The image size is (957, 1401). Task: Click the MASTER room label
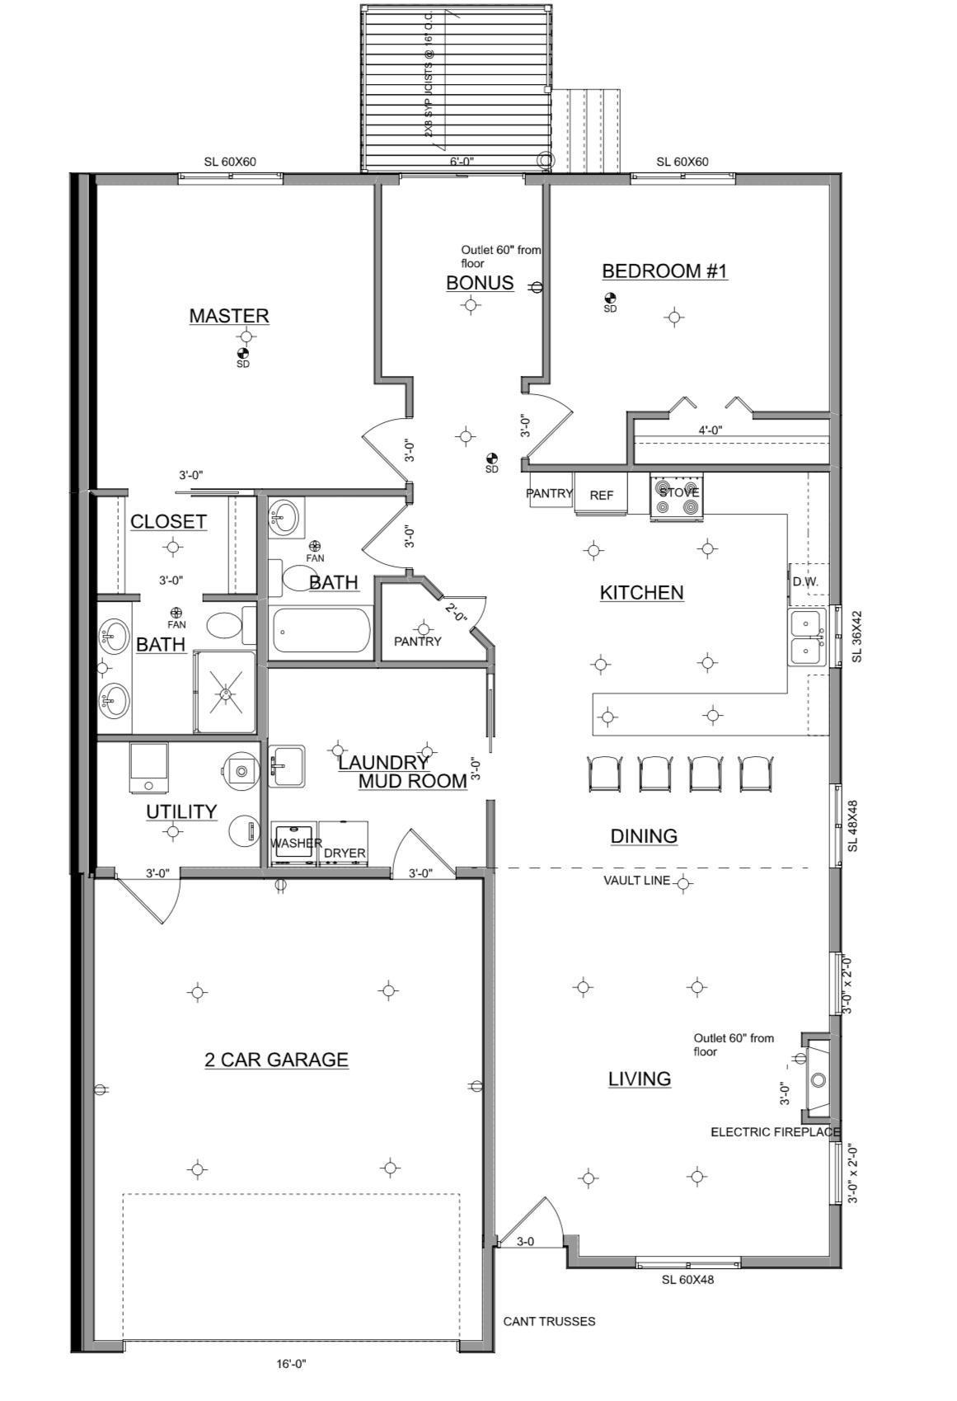pos(229,316)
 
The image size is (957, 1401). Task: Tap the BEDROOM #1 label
pos(664,271)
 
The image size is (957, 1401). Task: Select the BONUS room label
pos(480,283)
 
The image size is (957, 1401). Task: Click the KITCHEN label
pos(641,593)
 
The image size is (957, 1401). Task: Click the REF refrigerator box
pos(601,495)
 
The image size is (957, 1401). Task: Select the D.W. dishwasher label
pos(805,581)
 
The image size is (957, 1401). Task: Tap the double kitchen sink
pos(807,637)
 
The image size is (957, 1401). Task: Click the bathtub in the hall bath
pos(320,631)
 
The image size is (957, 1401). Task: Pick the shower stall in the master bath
pos(225,693)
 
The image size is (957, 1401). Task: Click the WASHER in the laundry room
pos(294,843)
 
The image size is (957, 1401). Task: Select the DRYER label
pos(344,853)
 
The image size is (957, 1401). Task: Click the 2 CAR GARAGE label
pos(276,1060)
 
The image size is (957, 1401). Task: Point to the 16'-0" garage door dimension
pos(291,1364)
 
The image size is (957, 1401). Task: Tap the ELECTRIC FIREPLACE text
pos(775,1132)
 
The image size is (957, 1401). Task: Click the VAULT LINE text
pos(636,881)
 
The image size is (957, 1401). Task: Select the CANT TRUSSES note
pos(549,1321)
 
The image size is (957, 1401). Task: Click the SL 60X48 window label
pos(687,1280)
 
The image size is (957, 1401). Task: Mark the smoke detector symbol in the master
pos(242,353)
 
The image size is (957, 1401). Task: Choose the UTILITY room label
pos(181,812)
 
